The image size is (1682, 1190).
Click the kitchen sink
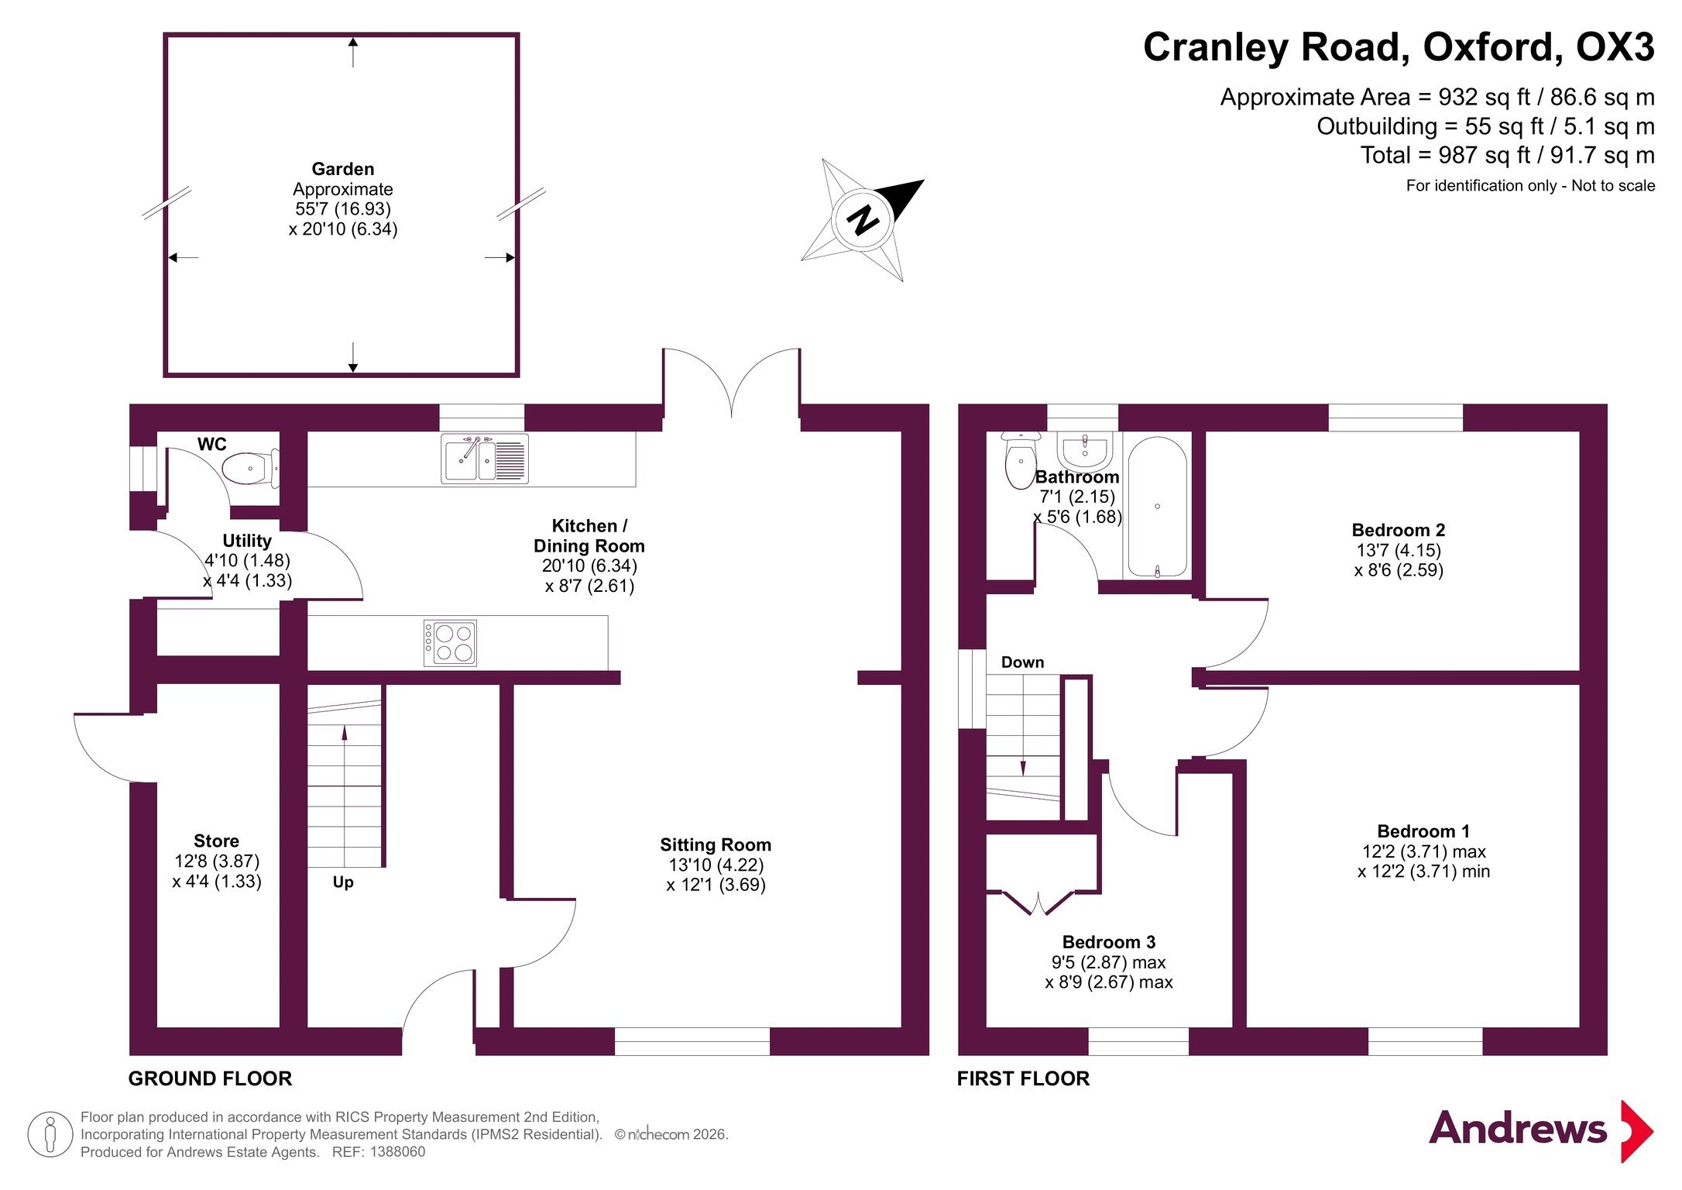click(485, 459)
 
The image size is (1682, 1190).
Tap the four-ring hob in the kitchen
click(450, 643)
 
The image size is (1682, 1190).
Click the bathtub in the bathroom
click(1157, 507)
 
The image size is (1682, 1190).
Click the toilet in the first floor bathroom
click(1019, 461)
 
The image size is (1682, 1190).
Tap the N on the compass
click(863, 220)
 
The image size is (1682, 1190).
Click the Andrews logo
click(1541, 1130)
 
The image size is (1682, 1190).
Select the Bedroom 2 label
click(1399, 530)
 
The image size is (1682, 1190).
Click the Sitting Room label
click(716, 844)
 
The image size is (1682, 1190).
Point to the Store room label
click(216, 841)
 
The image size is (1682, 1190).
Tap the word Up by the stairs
click(343, 882)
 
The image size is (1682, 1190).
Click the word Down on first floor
click(1022, 662)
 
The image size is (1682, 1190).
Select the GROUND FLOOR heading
click(210, 1078)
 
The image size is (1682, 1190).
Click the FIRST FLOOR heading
click(1023, 1078)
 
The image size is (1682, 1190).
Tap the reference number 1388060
click(397, 1152)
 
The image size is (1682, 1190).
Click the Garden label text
click(343, 169)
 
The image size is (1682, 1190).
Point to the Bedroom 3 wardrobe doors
click(1038, 903)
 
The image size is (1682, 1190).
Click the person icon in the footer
click(50, 1135)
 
